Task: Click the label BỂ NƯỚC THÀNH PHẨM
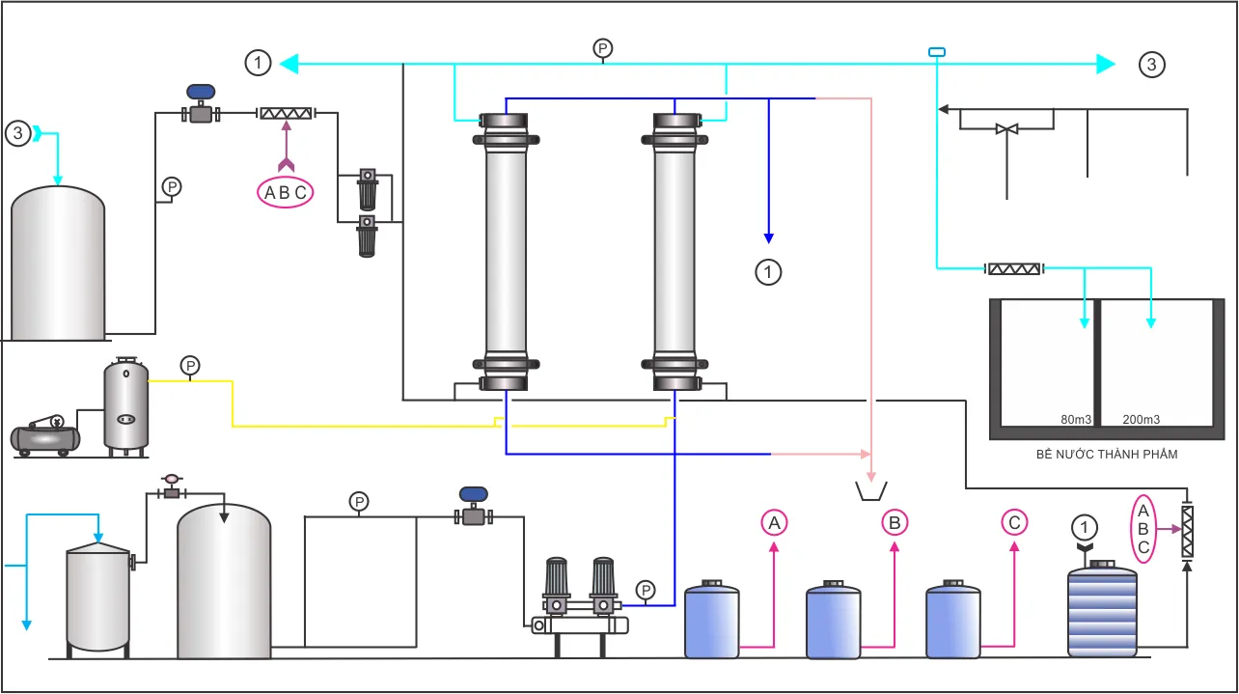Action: [x=1106, y=455]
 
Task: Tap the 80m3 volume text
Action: [x=1076, y=420]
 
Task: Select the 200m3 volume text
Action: [x=1142, y=420]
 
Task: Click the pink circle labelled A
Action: [x=774, y=522]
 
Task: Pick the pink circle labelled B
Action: [x=895, y=522]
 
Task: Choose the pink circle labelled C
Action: [x=1014, y=522]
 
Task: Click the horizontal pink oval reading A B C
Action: [x=286, y=192]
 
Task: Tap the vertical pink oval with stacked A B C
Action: [x=1143, y=529]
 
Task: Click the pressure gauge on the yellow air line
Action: [x=190, y=367]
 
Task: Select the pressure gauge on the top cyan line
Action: [x=603, y=49]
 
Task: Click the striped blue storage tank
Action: [x=1102, y=609]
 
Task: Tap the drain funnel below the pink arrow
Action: [x=871, y=491]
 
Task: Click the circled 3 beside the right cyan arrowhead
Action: [x=1151, y=65]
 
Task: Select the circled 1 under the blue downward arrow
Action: [x=768, y=272]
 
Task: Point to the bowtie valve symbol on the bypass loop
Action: [x=1006, y=129]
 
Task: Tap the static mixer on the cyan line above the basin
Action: [x=1014, y=269]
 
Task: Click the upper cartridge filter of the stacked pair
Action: [x=368, y=189]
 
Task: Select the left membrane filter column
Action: [x=506, y=252]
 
